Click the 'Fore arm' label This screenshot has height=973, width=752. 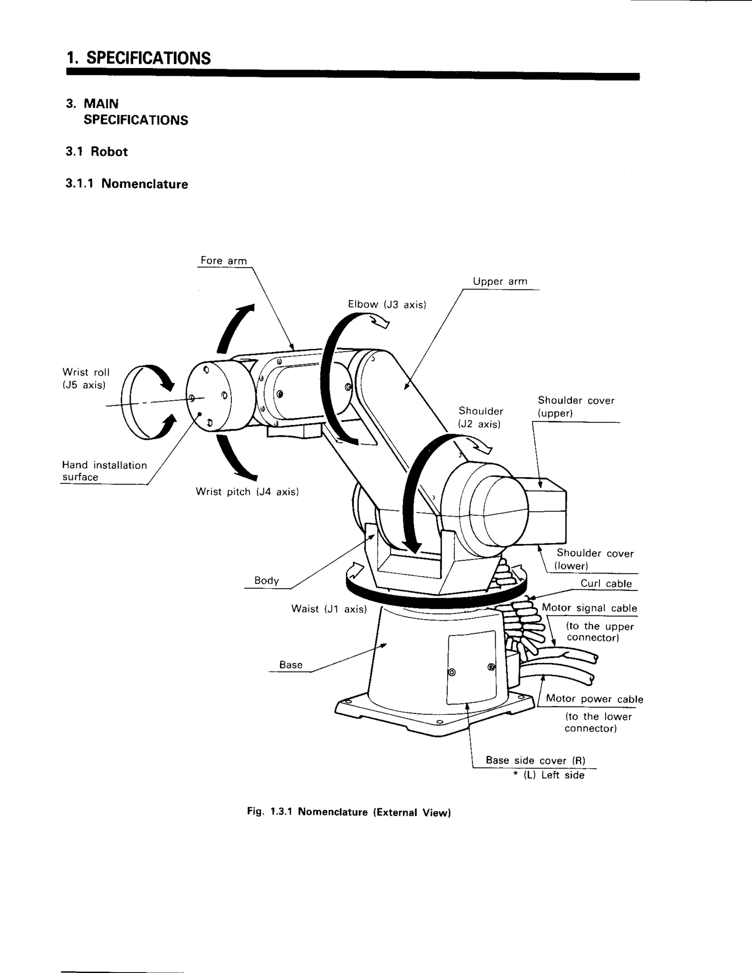click(x=223, y=261)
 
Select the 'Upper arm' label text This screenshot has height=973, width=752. click(x=500, y=282)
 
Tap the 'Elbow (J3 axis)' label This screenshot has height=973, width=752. click(x=387, y=305)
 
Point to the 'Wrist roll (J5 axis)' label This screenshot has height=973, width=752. click(x=86, y=379)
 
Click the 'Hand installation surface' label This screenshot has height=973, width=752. click(x=104, y=471)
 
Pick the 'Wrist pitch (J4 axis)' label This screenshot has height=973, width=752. click(x=247, y=492)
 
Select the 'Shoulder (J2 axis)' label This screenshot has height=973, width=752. click(x=480, y=417)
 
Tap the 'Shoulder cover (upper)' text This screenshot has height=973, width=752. click(x=576, y=406)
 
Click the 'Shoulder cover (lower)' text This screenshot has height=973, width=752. click(x=594, y=559)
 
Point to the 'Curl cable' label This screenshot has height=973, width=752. click(x=606, y=584)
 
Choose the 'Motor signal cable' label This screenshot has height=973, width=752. click(x=589, y=608)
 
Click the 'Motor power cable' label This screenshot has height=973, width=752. click(x=594, y=699)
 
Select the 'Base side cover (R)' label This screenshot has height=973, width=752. click(x=535, y=760)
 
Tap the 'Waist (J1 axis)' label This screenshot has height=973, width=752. click(x=329, y=609)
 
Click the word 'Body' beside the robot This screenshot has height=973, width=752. click(x=267, y=580)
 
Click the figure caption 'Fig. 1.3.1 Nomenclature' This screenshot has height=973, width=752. click(x=349, y=812)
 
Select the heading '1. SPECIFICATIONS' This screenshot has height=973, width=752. click(x=138, y=58)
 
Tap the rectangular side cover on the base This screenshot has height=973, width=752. click(x=471, y=668)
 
